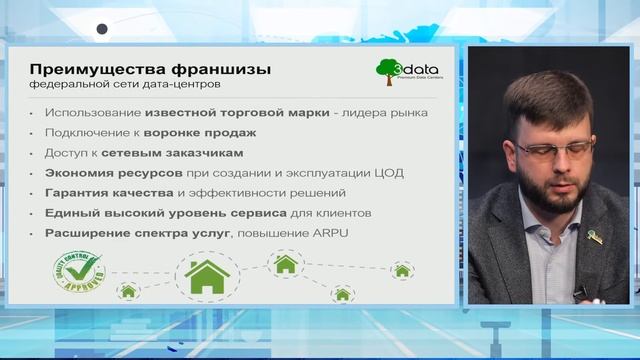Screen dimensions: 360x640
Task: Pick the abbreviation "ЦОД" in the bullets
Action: coord(389,172)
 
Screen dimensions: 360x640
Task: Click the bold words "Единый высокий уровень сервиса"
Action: coord(150,212)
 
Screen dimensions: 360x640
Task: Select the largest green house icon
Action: coord(207,274)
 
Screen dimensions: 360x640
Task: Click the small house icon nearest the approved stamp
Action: coord(128,291)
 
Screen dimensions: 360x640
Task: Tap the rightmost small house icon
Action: coord(402,270)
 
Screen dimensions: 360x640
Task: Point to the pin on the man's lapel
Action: coord(594,237)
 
